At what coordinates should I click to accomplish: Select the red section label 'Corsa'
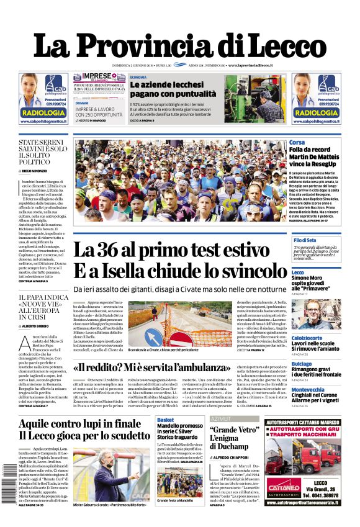click(297, 143)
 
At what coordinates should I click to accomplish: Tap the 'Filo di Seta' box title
click(305, 240)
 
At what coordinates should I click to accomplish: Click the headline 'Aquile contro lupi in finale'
click(79, 423)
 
